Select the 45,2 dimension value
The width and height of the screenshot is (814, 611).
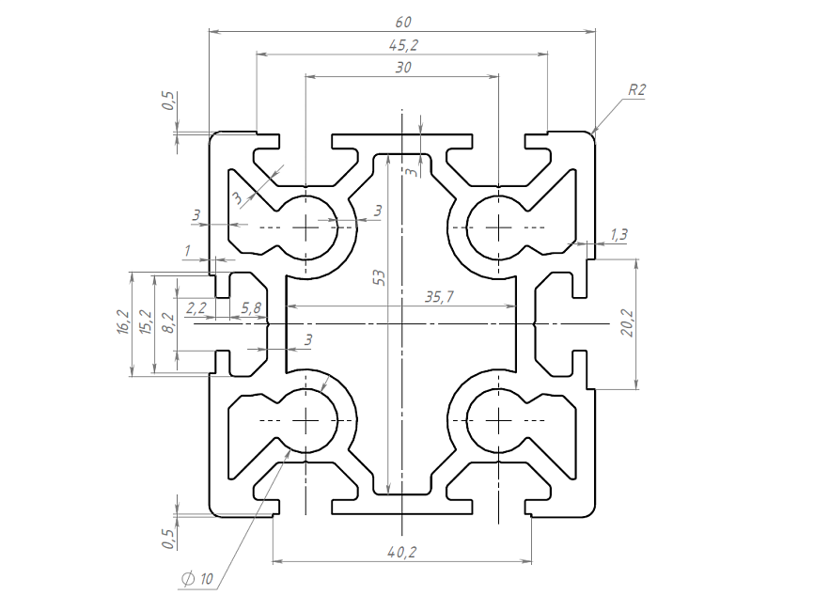pos(401,44)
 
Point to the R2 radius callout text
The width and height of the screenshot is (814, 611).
pos(637,90)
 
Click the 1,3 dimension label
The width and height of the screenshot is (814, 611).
pos(619,234)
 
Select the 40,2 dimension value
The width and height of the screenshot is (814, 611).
pos(401,553)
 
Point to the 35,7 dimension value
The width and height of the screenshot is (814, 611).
pos(439,297)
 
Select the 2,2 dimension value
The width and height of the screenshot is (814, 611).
pos(197,307)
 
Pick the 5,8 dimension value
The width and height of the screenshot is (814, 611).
pos(251,307)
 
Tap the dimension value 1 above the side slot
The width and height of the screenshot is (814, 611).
pos(188,250)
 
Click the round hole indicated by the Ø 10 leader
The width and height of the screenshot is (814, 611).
pos(306,418)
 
